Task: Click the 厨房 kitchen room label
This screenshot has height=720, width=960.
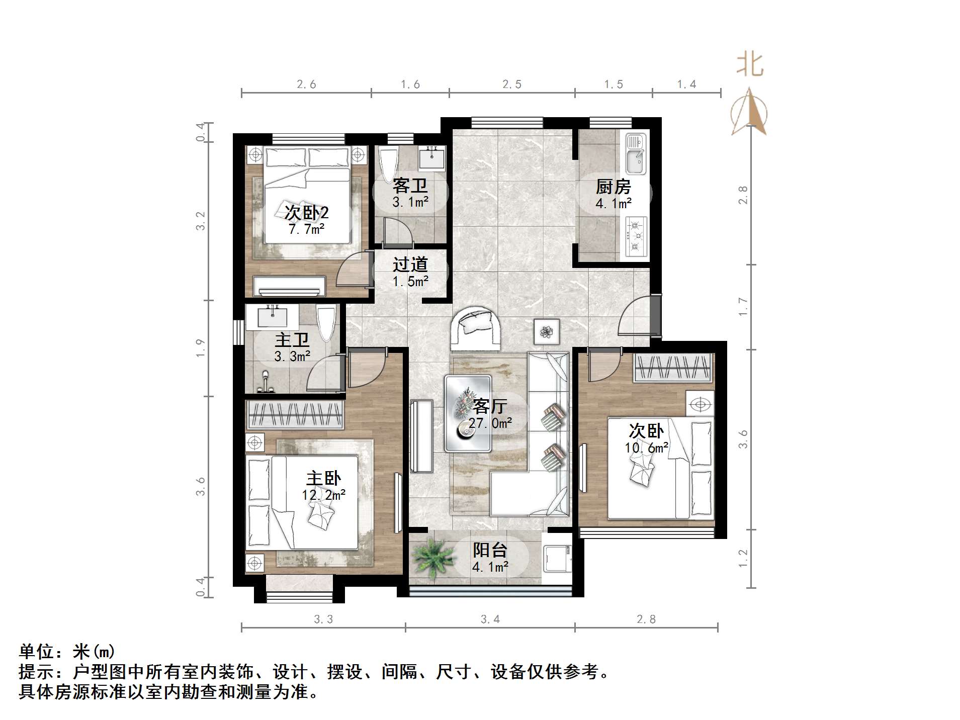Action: tap(613, 187)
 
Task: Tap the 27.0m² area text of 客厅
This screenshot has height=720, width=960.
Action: tap(490, 423)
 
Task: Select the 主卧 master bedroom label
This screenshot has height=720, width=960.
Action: tap(323, 478)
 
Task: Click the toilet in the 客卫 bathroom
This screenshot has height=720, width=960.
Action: tap(389, 163)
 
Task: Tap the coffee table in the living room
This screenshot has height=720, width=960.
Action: tap(468, 413)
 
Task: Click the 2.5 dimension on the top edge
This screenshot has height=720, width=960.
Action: tap(511, 84)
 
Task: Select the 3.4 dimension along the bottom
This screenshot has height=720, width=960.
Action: tap(490, 619)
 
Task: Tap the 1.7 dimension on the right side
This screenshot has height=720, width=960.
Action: tap(743, 307)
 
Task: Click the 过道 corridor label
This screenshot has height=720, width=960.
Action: tap(410, 264)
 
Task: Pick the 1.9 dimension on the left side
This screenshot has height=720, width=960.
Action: tap(201, 348)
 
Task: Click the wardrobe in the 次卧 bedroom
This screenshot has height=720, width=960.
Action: tap(673, 368)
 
